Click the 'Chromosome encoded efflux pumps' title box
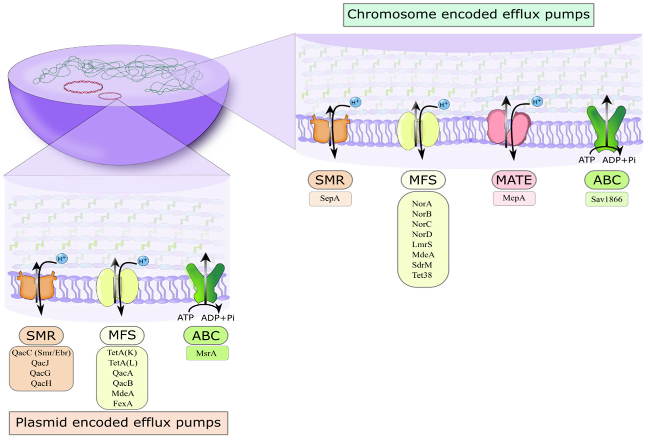(468, 15)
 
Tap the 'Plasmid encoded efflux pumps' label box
(118, 423)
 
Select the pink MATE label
(514, 180)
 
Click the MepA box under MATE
(514, 198)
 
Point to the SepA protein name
(330, 199)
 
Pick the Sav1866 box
(606, 199)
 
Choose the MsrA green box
(207, 353)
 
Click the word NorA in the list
(422, 204)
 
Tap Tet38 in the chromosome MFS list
(422, 275)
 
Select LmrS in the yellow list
(422, 245)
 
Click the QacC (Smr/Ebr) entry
(41, 352)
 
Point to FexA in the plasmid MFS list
(122, 404)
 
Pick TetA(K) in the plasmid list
(122, 352)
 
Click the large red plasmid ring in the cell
(83, 87)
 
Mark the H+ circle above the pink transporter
(537, 102)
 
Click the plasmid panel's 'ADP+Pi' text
(217, 318)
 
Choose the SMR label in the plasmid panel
(41, 336)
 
